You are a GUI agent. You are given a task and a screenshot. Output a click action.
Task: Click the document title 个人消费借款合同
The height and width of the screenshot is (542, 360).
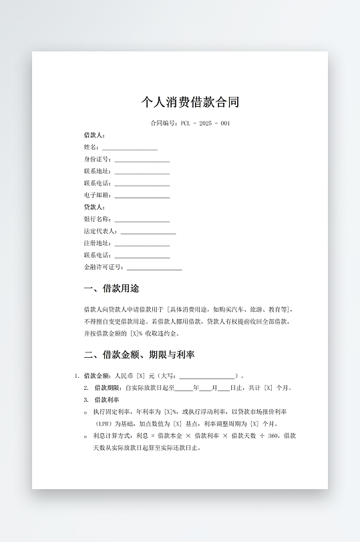(x=190, y=102)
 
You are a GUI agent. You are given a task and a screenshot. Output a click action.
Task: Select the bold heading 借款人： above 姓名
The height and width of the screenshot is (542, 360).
(x=94, y=135)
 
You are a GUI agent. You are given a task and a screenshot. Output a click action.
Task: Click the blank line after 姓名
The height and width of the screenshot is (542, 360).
(x=130, y=148)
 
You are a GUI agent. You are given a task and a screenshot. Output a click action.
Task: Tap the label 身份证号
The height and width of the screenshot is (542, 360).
(x=97, y=160)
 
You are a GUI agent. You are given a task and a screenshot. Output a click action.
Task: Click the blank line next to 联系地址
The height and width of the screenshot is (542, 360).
(x=142, y=172)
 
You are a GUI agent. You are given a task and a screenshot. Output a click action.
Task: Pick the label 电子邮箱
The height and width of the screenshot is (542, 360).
(x=97, y=196)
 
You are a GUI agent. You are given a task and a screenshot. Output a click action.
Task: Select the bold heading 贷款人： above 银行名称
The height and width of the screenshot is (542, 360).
(x=94, y=208)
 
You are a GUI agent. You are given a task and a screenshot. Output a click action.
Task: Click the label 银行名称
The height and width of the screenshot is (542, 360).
(x=97, y=219)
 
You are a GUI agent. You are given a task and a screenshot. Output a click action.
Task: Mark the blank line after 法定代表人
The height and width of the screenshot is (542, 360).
(x=148, y=232)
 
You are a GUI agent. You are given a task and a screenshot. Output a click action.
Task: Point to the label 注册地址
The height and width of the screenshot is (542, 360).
(x=97, y=243)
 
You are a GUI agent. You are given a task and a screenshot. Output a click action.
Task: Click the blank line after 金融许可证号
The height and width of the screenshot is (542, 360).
(x=154, y=268)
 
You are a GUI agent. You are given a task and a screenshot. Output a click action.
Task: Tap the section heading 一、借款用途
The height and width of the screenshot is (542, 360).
(x=112, y=289)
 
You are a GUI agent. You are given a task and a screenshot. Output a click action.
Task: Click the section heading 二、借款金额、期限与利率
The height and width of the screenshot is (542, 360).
(x=139, y=354)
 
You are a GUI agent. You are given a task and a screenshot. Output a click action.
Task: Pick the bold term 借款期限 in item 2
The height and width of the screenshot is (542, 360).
(x=108, y=388)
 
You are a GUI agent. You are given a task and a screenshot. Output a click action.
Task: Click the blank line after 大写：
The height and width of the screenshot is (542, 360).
(x=207, y=376)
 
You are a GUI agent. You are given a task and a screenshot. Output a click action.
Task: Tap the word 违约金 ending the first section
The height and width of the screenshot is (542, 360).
(x=171, y=333)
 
